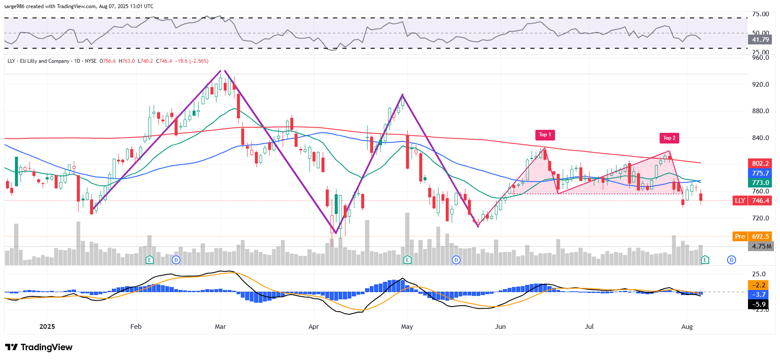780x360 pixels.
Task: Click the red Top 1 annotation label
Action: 545,135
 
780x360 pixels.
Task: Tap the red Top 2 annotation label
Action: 669,138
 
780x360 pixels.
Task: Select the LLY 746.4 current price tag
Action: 752,201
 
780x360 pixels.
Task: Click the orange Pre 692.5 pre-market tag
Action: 752,237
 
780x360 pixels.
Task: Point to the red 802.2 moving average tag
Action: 760,164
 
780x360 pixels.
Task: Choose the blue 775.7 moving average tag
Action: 760,173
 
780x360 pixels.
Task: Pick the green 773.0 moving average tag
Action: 760,183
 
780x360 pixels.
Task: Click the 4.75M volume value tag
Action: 761,246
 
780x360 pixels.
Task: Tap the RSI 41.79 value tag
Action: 760,40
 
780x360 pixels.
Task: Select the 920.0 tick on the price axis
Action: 760,85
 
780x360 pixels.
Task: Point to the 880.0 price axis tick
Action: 760,111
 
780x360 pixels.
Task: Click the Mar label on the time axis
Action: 220,327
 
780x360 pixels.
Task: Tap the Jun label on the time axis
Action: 500,327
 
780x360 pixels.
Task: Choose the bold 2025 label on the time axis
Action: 47,327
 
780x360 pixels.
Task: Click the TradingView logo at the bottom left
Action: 39,347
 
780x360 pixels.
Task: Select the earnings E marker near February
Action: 149,260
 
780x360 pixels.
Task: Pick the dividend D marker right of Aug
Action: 731,260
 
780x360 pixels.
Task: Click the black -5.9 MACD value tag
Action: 760,304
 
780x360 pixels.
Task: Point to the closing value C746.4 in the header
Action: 164,61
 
